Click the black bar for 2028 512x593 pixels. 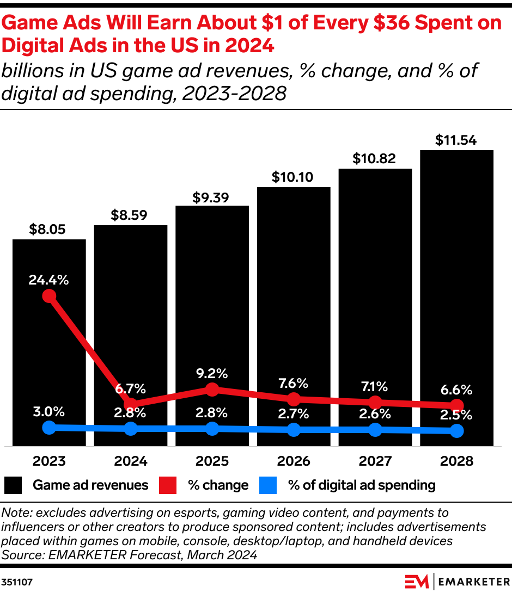click(456, 272)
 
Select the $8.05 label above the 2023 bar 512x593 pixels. click(49, 229)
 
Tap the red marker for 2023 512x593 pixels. click(49, 296)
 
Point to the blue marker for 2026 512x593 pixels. click(294, 430)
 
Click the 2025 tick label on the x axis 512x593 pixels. click(212, 461)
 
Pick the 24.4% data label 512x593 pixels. click(49, 280)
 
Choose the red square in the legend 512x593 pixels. click(168, 485)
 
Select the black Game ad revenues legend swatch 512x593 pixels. click(13, 485)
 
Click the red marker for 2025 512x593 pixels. click(212, 390)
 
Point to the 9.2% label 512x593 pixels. click(212, 374)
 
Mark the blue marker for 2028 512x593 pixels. click(456, 431)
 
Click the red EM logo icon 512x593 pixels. click(417, 582)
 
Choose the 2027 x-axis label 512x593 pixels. click(375, 461)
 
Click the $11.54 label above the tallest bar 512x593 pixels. click(456, 140)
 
